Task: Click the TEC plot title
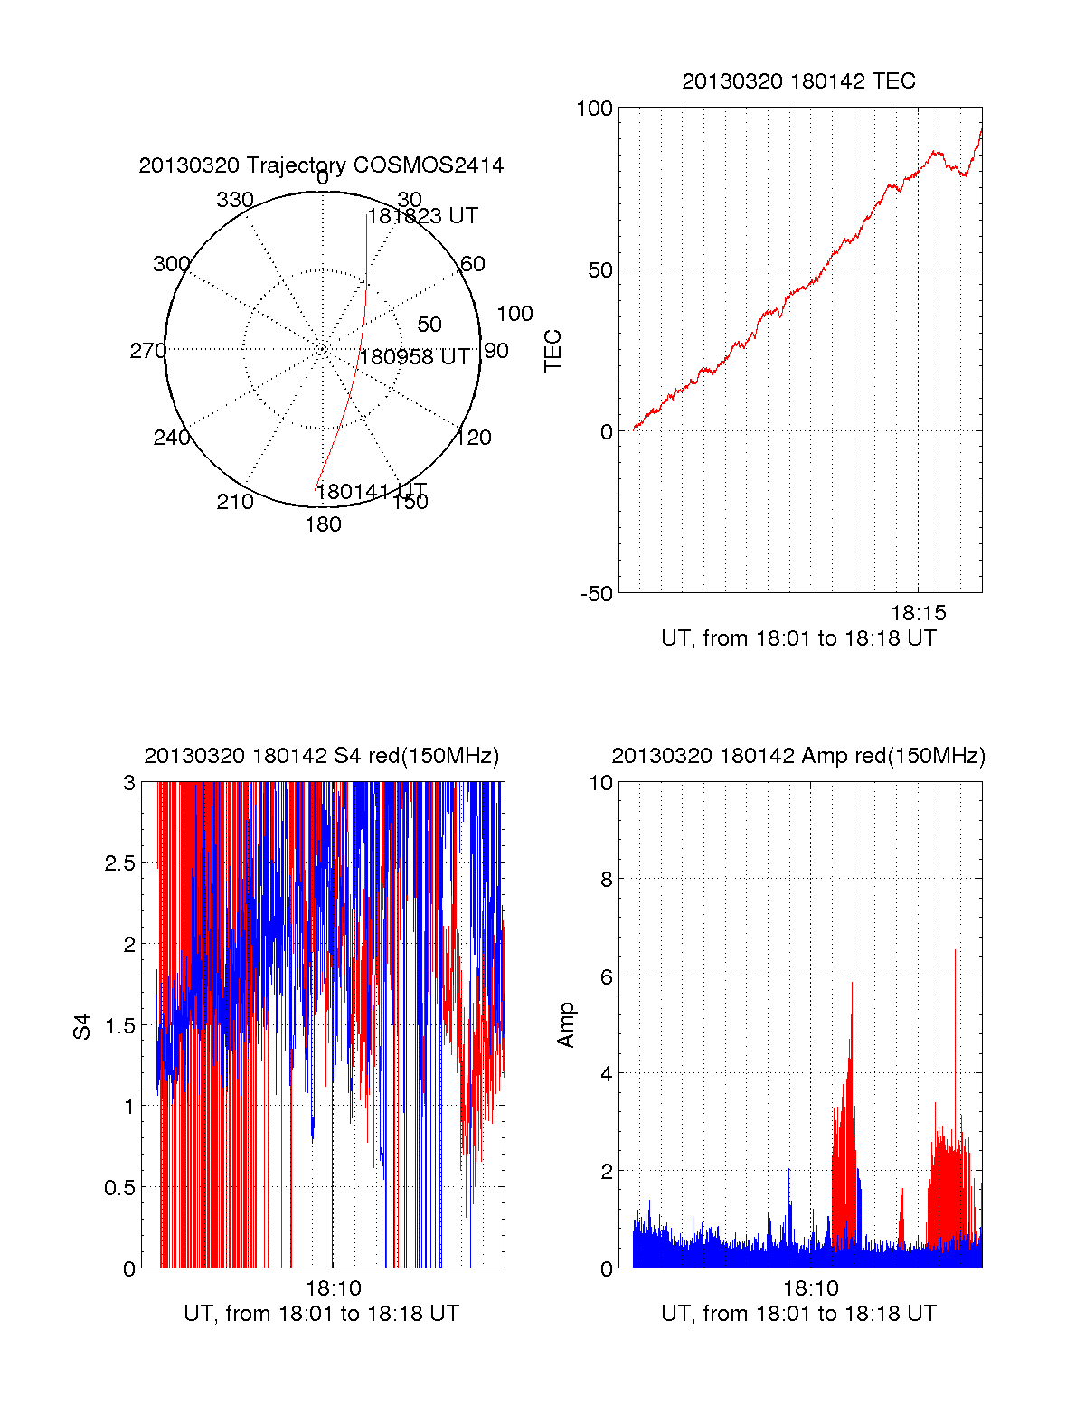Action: coord(798,81)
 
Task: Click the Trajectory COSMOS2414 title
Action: coord(321,165)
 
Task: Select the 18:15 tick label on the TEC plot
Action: coord(919,613)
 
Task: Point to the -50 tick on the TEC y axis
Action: coord(596,594)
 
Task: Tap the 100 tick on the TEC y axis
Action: coord(594,108)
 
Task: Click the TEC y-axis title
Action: coord(552,351)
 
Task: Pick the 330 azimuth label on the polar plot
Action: coord(234,200)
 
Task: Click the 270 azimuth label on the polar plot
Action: coord(147,351)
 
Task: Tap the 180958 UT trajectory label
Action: coord(415,357)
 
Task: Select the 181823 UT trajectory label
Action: coord(422,216)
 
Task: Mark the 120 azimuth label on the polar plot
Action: coord(474,439)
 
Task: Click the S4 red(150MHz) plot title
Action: coord(321,756)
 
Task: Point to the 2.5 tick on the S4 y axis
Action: coord(120,863)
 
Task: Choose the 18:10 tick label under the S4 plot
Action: coord(333,1288)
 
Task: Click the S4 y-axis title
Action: coord(82,1026)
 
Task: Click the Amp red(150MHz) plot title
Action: coord(798,756)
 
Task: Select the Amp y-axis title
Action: coord(566,1025)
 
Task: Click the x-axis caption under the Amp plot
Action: coord(798,1314)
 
